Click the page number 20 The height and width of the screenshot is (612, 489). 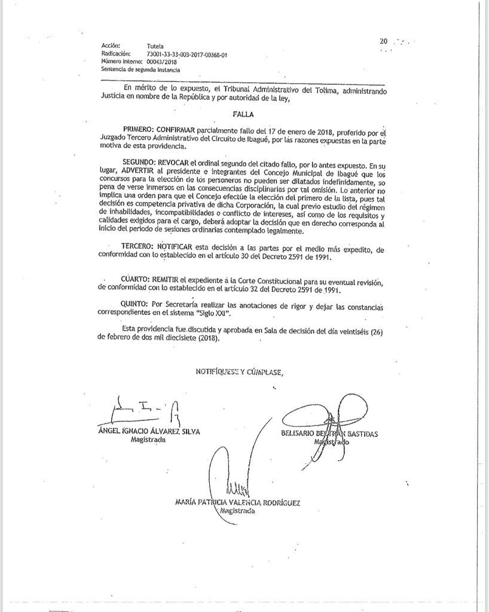point(383,41)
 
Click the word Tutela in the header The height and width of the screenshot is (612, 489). point(154,45)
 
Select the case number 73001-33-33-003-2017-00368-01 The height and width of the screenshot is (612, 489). point(187,54)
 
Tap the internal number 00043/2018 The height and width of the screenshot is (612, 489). point(163,62)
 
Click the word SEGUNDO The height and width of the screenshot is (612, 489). point(139,163)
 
